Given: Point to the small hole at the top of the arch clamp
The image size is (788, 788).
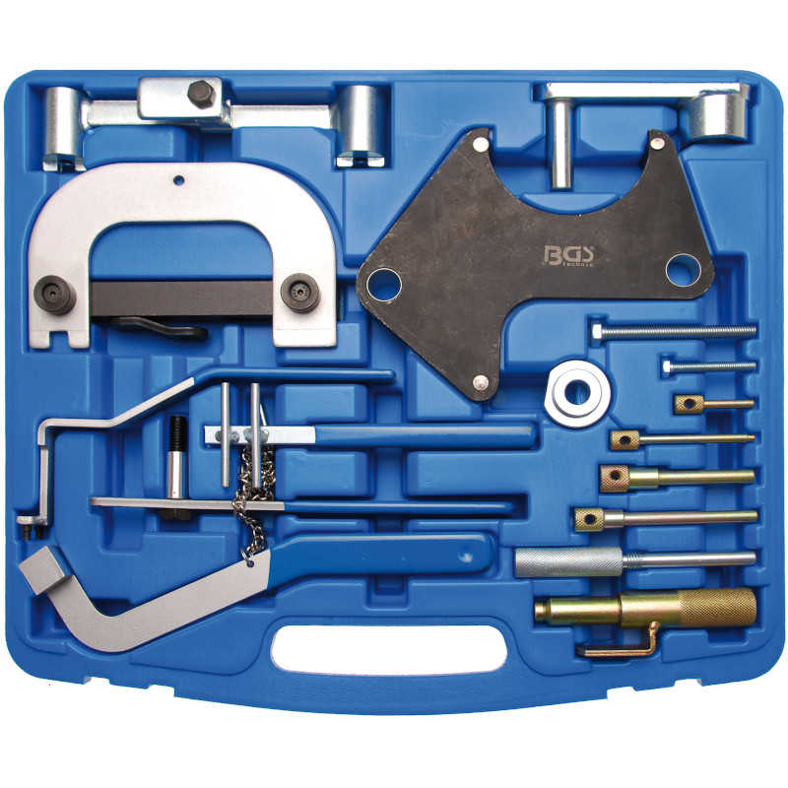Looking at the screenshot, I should [x=181, y=180].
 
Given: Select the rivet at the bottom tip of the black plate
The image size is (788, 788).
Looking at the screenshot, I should [x=479, y=384].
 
